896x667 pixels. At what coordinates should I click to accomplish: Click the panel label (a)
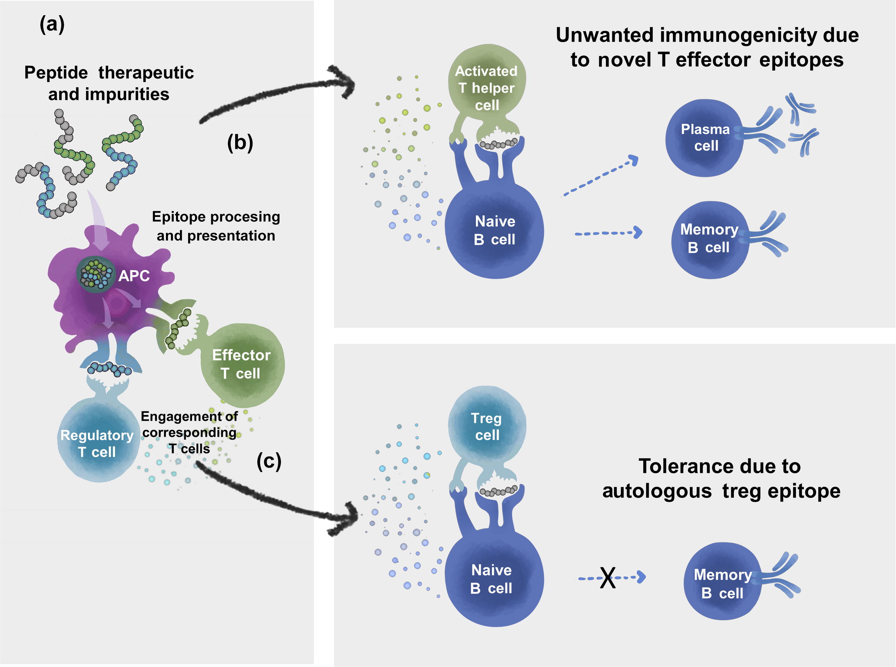(x=52, y=25)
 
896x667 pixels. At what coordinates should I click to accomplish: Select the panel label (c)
(x=269, y=461)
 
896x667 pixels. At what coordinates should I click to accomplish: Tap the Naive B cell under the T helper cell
(x=495, y=230)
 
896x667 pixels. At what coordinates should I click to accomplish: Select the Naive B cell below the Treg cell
(x=492, y=579)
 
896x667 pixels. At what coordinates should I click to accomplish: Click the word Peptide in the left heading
(x=56, y=73)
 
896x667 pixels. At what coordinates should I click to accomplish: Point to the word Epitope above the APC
(x=178, y=217)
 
